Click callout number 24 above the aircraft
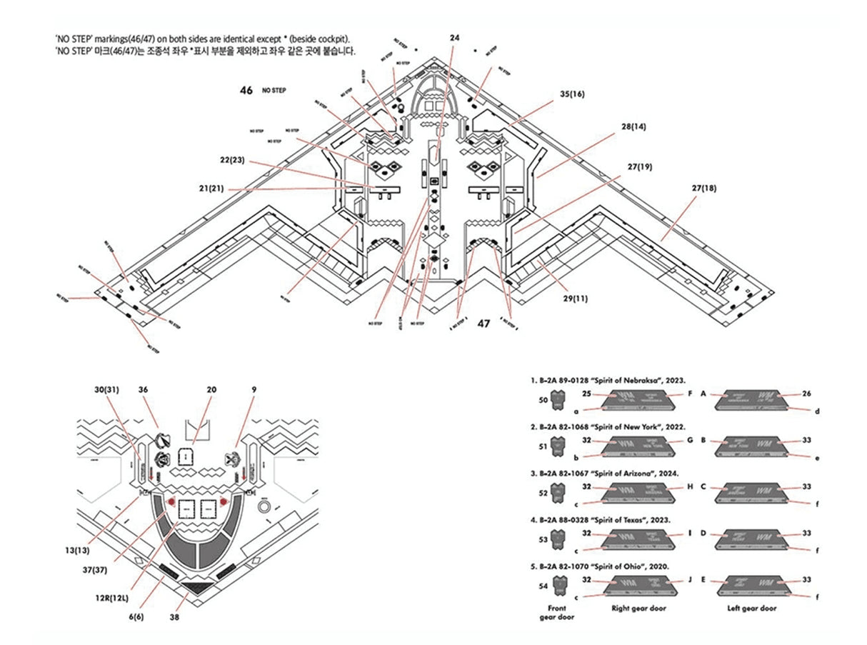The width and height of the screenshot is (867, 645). pyautogui.click(x=455, y=37)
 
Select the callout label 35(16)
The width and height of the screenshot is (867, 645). pyautogui.click(x=572, y=94)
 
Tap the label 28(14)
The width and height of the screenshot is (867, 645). pyautogui.click(x=633, y=126)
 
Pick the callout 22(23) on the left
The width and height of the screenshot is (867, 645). pyautogui.click(x=233, y=160)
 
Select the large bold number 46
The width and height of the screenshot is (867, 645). pyautogui.click(x=246, y=91)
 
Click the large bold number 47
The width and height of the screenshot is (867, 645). pyautogui.click(x=483, y=324)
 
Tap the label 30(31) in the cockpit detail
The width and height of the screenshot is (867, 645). pyautogui.click(x=106, y=390)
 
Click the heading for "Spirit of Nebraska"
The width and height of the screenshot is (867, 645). pyautogui.click(x=607, y=382)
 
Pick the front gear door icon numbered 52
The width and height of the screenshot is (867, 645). pyautogui.click(x=563, y=492)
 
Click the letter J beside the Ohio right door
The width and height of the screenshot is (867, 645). pyautogui.click(x=690, y=580)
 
